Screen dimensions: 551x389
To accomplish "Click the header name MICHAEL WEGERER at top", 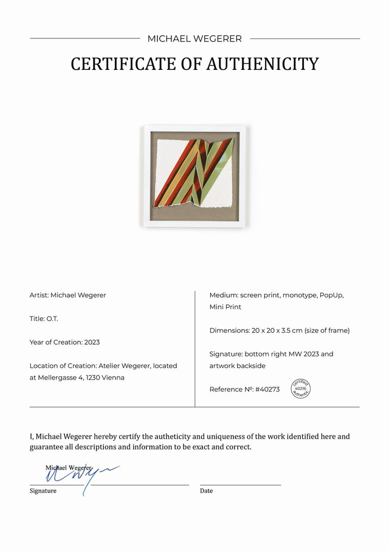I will [x=194, y=39].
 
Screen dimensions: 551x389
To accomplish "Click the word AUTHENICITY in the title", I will [x=264, y=64].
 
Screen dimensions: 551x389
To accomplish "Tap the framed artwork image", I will [x=194, y=176].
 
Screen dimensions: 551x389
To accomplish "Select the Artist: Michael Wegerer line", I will [x=67, y=295].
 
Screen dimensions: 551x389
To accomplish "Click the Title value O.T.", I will [x=52, y=319].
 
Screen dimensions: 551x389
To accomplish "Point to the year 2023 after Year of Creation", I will [x=92, y=342].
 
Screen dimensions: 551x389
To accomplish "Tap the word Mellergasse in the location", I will [x=59, y=378].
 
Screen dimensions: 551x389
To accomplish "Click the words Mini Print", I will [x=225, y=307].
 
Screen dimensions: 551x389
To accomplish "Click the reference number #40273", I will [x=267, y=389].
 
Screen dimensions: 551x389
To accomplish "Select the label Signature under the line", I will [x=43, y=491].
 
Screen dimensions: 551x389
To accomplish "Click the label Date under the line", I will [x=206, y=491].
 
